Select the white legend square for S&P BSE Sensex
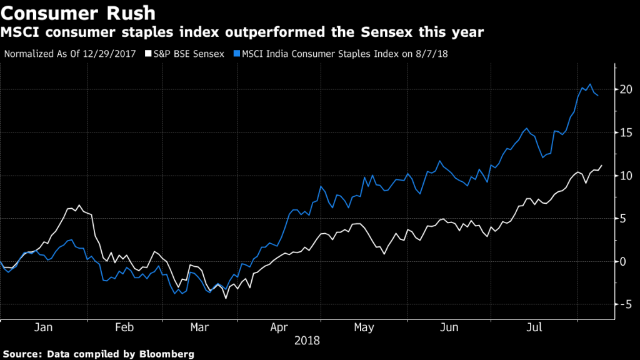coord(148,54)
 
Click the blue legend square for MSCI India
coord(236,54)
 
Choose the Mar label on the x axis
coord(199,327)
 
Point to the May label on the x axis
coord(364,327)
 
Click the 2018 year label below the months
coord(306,341)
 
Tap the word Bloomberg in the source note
coord(161,354)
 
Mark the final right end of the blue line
coord(598,96)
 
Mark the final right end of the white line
coord(602,166)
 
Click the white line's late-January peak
coord(79,205)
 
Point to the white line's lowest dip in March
coord(226,298)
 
